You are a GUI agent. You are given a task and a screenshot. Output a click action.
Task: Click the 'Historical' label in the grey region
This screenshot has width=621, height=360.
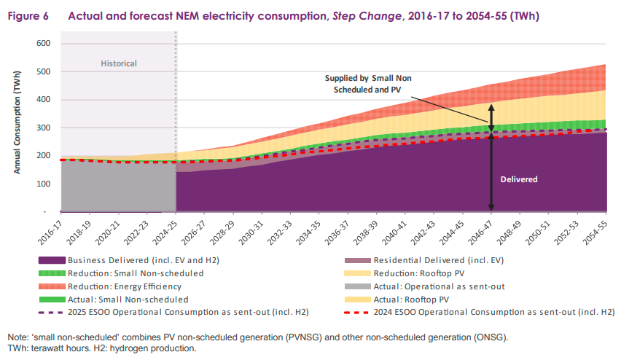click(119, 63)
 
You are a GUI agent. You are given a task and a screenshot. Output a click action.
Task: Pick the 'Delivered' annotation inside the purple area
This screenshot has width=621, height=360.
click(519, 179)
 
